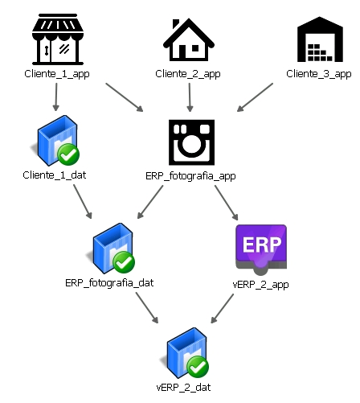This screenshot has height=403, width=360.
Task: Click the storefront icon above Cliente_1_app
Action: tap(58, 39)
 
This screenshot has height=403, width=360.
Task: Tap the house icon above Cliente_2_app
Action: tap(189, 39)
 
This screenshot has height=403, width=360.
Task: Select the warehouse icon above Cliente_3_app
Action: tap(320, 39)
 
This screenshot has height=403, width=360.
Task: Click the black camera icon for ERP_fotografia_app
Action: tap(191, 142)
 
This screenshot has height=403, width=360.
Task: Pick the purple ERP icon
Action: tap(261, 249)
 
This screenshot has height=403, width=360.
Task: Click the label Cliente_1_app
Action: tap(57, 74)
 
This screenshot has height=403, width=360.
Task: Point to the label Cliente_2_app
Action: tap(188, 74)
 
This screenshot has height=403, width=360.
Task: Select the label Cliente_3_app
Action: tap(319, 74)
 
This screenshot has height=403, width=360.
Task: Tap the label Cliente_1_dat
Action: tap(55, 175)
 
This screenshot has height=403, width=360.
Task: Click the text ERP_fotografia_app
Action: tap(190, 176)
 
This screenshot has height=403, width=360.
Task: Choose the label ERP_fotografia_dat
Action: tap(109, 283)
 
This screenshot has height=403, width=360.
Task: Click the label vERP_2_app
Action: tap(260, 284)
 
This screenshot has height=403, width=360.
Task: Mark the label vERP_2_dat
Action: tap(183, 388)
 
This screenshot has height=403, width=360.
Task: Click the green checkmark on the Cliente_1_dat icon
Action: tap(68, 154)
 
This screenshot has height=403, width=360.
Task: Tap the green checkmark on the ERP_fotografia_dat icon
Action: tap(124, 262)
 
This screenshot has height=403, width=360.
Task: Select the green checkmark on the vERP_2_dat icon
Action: tap(198, 367)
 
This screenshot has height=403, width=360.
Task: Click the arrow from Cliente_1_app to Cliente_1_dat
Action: tap(56, 97)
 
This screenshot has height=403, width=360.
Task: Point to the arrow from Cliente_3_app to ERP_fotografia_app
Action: tap(255, 97)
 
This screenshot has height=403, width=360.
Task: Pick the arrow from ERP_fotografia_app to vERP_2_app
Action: tap(227, 203)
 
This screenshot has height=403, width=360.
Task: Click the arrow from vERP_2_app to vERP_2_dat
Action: tap(222, 309)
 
